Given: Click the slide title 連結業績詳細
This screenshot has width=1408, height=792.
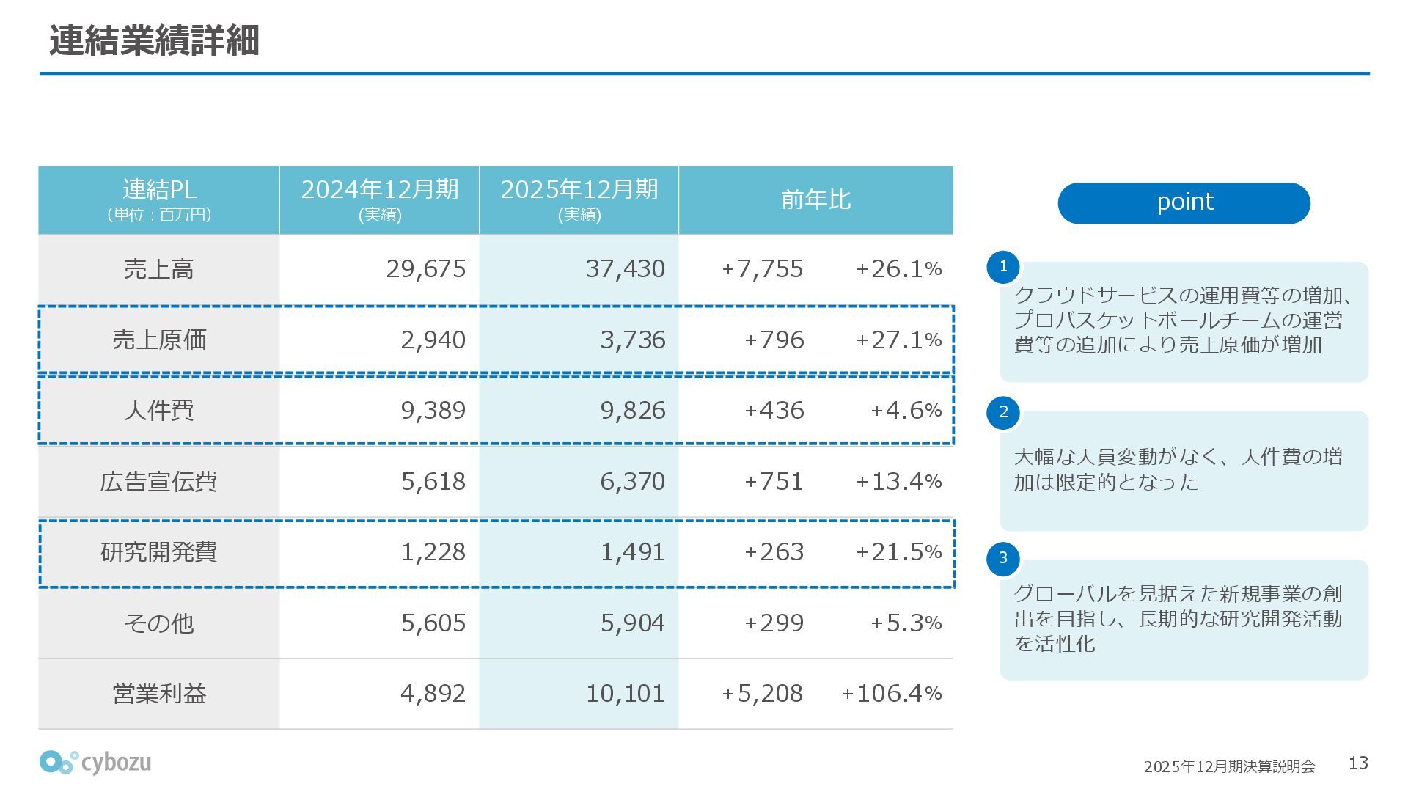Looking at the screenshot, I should pyautogui.click(x=154, y=40).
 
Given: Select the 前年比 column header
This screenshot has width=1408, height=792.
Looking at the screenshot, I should pyautogui.click(x=815, y=199).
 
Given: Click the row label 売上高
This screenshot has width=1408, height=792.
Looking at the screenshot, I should pyautogui.click(x=158, y=269).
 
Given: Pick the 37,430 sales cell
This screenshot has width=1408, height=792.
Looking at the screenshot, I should pyautogui.click(x=625, y=269).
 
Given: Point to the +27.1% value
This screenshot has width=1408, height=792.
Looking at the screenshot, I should pyautogui.click(x=898, y=340).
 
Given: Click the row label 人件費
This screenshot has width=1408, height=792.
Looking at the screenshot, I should pyautogui.click(x=158, y=411).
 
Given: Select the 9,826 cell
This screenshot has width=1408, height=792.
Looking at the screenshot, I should pyautogui.click(x=632, y=411).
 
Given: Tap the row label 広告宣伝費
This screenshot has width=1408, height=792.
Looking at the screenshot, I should pyautogui.click(x=158, y=482).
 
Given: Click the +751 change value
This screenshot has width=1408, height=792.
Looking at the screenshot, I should pyautogui.click(x=774, y=482).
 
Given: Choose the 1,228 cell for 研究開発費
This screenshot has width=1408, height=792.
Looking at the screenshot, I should pyautogui.click(x=433, y=552).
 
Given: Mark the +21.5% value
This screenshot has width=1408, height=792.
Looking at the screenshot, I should pyautogui.click(x=898, y=552).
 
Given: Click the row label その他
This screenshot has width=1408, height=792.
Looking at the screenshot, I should pyautogui.click(x=158, y=623).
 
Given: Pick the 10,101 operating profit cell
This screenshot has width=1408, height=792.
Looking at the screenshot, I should pyautogui.click(x=625, y=694).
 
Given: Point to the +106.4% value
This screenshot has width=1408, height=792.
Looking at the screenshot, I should pyautogui.click(x=891, y=694).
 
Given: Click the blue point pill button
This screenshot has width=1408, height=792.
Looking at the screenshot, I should pyautogui.click(x=1184, y=203).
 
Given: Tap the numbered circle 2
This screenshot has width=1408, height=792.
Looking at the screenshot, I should pyautogui.click(x=1003, y=412).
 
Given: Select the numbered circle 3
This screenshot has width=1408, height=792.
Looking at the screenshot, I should pyautogui.click(x=1003, y=558).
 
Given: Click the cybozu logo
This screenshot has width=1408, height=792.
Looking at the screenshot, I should pyautogui.click(x=95, y=763).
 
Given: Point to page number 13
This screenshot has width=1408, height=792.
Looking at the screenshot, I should pyautogui.click(x=1358, y=763).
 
